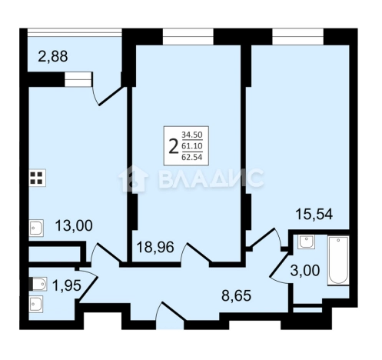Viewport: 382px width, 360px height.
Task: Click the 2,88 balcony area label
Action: point(53,56)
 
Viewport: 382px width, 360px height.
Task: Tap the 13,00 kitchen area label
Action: point(74,226)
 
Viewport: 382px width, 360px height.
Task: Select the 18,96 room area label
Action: point(155,248)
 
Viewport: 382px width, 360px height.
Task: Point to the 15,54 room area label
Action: point(314,214)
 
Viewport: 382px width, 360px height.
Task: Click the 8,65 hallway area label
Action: point(236,295)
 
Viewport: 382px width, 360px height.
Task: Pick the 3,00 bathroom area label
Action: point(305,270)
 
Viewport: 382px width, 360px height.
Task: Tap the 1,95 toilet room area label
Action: point(67,285)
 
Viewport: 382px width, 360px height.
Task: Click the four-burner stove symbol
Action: point(38,178)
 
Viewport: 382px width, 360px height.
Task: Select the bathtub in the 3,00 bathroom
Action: point(338,260)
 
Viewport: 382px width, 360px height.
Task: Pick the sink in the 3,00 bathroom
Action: point(306,242)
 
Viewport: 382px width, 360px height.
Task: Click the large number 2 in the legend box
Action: point(174,145)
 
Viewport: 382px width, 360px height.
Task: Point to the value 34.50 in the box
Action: point(192,135)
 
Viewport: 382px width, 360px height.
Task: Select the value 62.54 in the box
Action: point(192,157)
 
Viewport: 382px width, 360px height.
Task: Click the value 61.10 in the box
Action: point(192,146)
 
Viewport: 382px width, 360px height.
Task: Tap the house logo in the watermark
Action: point(133,178)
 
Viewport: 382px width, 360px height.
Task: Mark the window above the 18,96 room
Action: point(188,37)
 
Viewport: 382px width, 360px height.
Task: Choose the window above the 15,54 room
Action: point(298,37)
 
